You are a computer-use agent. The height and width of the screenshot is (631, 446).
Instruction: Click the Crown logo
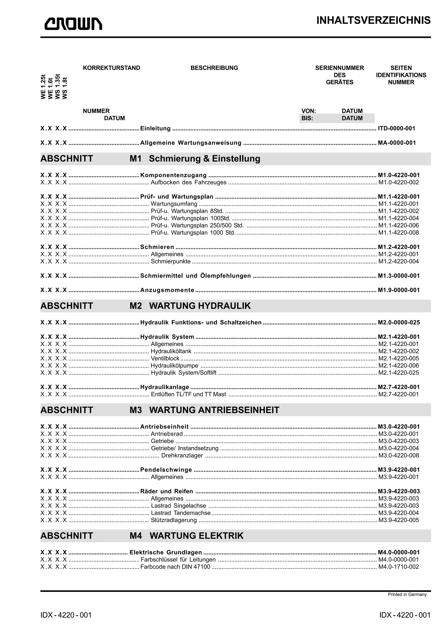[x=73, y=24]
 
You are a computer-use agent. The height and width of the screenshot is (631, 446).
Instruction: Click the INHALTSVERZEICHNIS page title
[x=373, y=20]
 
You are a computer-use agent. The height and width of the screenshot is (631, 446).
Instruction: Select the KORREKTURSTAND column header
[x=111, y=68]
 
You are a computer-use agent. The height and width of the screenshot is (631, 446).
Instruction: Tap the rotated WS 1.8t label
[x=65, y=88]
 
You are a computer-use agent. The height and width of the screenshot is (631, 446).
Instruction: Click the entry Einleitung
[x=155, y=128]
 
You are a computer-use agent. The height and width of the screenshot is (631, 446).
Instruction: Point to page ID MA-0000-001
[x=397, y=143]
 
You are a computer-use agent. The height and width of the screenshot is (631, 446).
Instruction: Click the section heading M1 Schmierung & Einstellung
[x=195, y=159]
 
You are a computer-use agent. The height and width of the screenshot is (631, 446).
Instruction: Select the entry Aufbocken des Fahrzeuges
[x=189, y=182]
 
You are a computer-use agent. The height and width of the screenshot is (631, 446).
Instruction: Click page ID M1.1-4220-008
[x=399, y=233]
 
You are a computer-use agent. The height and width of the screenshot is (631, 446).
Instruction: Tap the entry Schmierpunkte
[x=171, y=261]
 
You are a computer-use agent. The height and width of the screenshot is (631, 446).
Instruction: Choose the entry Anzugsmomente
[x=167, y=290]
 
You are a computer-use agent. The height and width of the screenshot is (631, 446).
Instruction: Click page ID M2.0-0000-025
[x=399, y=322]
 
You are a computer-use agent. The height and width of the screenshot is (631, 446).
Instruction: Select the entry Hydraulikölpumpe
[x=174, y=366]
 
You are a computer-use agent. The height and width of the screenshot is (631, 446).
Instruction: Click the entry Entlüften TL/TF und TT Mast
[x=189, y=394]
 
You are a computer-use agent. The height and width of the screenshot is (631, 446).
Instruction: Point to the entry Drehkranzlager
[x=182, y=455]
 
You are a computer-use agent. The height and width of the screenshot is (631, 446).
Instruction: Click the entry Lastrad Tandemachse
[x=181, y=513]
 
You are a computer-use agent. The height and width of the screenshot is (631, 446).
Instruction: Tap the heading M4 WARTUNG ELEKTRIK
[x=187, y=535]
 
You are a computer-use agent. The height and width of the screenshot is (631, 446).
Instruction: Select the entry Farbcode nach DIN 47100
[x=175, y=567]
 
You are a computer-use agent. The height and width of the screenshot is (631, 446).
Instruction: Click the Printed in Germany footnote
[x=407, y=594]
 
